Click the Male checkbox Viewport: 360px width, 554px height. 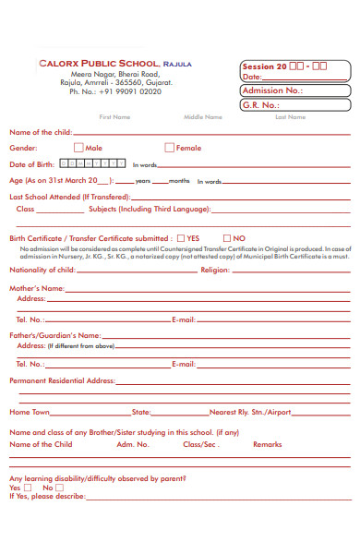[78, 148]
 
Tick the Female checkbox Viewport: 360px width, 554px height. [169, 148]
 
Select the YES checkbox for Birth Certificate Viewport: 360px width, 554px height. [181, 237]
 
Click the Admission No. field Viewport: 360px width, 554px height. [295, 90]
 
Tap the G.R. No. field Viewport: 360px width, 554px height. [295, 105]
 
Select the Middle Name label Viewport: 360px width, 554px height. [203, 117]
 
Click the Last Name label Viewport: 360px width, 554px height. [290, 117]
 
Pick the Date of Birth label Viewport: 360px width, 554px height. [33, 163]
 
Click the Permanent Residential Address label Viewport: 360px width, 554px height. [61, 380]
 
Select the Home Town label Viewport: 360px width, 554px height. [29, 412]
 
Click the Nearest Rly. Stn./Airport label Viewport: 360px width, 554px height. [250, 412]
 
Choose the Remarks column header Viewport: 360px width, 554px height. [268, 444]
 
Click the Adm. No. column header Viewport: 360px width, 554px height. [132, 444]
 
